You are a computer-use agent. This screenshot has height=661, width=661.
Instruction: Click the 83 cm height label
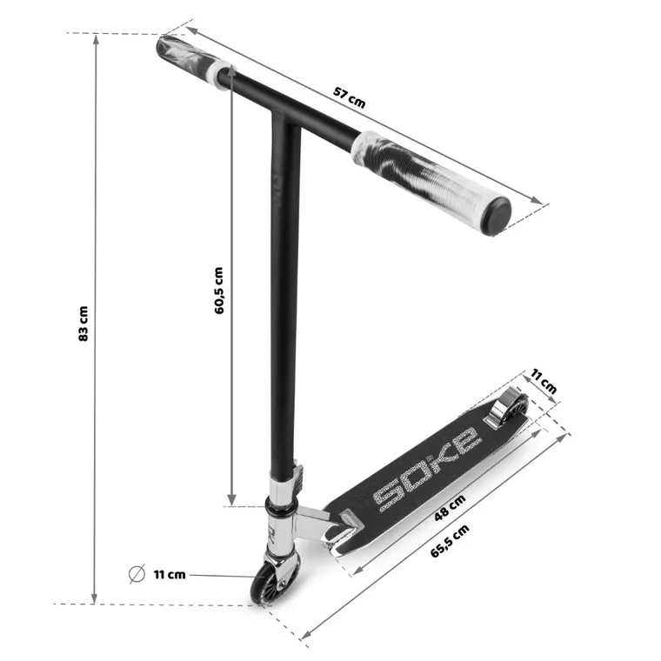pyautogui.click(x=83, y=324)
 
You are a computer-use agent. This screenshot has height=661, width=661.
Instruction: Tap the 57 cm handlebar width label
pyautogui.click(x=349, y=97)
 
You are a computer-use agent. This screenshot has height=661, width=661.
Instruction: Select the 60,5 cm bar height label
pyautogui.click(x=219, y=290)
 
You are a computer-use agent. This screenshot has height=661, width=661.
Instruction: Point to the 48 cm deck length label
pyautogui.click(x=451, y=507)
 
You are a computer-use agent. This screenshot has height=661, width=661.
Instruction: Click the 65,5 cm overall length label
pyautogui.click(x=450, y=541)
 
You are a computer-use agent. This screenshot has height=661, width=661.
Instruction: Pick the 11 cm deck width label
pyautogui.click(x=544, y=381)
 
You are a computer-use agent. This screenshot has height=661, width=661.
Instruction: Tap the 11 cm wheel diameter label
pyautogui.click(x=170, y=575)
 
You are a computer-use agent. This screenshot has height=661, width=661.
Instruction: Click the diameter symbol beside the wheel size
pyautogui.click(x=137, y=574)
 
